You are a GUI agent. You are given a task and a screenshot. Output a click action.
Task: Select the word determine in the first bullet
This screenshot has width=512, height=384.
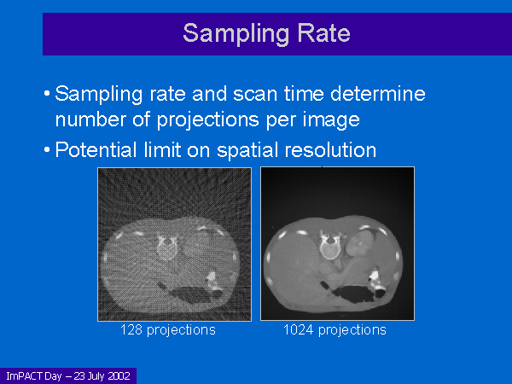point(378,93)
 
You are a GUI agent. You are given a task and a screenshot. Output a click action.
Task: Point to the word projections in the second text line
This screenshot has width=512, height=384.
point(208,119)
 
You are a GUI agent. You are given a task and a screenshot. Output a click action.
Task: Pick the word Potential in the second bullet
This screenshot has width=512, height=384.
point(96,150)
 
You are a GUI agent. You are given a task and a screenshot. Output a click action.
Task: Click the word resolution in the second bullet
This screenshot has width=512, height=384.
point(330,150)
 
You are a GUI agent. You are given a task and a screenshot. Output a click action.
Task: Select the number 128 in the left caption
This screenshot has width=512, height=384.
point(131,329)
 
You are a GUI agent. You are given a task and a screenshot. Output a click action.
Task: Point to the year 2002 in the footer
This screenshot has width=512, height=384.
point(119,376)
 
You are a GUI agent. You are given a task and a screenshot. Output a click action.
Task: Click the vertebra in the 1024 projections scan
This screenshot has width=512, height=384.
point(330,247)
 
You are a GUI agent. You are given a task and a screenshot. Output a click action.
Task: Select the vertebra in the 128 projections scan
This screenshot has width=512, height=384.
point(167,247)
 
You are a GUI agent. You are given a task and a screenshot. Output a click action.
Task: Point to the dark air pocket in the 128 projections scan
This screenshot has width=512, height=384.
point(191,293)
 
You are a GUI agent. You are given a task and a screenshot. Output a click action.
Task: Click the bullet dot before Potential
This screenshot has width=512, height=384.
point(47,150)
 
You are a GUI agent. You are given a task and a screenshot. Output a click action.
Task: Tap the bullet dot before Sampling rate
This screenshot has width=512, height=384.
point(47,94)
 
